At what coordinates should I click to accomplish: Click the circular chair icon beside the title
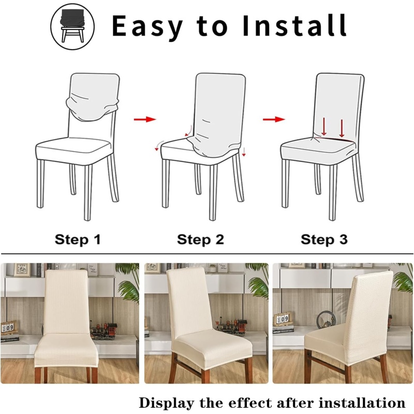[72, 27]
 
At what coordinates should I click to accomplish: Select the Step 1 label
[78, 240]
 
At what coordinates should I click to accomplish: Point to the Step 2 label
[200, 240]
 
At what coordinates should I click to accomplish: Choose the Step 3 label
[324, 240]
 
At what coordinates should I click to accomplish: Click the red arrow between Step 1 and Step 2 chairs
[145, 120]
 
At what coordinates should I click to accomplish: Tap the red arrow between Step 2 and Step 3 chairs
[274, 120]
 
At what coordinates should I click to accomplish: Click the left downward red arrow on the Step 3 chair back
[324, 127]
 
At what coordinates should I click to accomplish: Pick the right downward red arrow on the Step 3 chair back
[342, 128]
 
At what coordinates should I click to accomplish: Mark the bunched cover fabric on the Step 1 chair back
[92, 109]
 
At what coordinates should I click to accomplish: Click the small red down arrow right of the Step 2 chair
[244, 152]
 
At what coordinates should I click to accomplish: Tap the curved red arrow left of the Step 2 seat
[159, 145]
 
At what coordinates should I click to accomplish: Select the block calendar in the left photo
[8, 328]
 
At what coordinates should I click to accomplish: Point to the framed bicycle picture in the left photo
[22, 270]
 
